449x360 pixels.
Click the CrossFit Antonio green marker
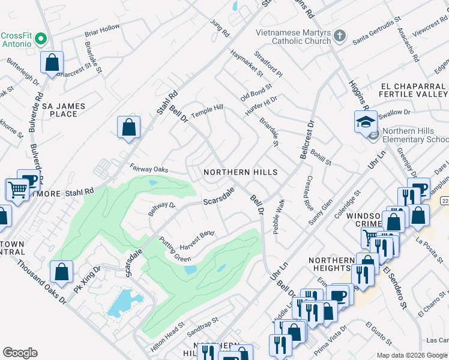point(41,40)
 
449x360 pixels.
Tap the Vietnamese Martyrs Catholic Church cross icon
point(339,35)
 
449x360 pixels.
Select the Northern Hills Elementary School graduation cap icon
point(366,122)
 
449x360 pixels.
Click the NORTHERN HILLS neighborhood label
point(240,172)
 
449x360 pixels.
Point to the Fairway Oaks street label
point(148,170)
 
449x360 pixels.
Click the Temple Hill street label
point(206,111)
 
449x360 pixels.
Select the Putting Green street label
point(175,250)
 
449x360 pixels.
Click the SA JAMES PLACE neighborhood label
point(64,110)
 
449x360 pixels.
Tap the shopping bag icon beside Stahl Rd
point(128,127)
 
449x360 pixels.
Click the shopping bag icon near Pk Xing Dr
point(62,272)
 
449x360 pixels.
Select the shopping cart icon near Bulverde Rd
point(17,190)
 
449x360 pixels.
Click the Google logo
point(20,352)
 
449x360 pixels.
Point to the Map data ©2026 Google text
point(411,355)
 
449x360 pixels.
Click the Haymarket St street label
point(247,63)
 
